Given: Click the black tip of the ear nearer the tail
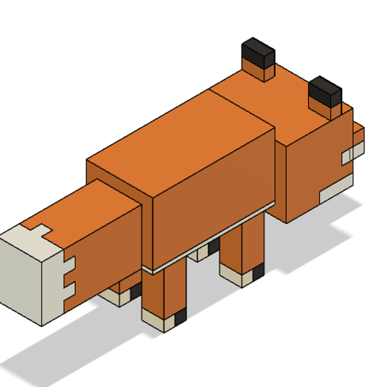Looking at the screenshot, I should tap(258, 52).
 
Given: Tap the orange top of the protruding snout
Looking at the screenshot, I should tap(358, 131).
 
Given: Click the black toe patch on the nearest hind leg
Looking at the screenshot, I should tap(180, 317).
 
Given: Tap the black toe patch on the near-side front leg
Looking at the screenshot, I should tap(258, 271).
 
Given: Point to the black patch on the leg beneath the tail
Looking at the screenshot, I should tap(135, 291).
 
